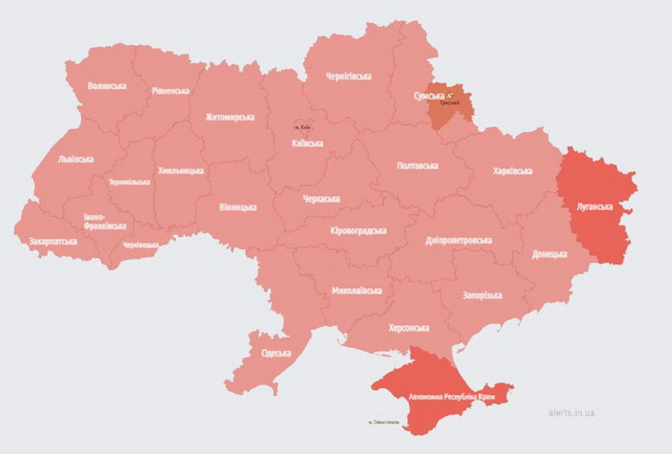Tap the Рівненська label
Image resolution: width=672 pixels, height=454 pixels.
(170, 91)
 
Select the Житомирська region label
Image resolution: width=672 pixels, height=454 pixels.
(230, 117)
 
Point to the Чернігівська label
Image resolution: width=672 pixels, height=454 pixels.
(348, 77)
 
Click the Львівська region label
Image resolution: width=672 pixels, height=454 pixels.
(76, 159)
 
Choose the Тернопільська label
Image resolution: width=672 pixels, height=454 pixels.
(131, 182)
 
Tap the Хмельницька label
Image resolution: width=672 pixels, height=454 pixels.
(181, 171)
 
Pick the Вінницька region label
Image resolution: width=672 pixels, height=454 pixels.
(237, 207)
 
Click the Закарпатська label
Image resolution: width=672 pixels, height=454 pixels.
(52, 240)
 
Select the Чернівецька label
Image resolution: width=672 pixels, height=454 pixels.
(141, 246)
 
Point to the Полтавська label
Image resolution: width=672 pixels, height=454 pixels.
(417, 165)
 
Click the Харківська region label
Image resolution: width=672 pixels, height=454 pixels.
(512, 171)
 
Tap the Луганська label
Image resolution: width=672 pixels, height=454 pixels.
(595, 207)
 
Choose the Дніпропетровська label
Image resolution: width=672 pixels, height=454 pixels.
(458, 240)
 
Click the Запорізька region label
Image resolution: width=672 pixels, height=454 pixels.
(482, 296)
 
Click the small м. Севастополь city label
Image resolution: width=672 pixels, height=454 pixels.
(384, 422)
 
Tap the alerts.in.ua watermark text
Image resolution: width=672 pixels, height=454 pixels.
(571, 412)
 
